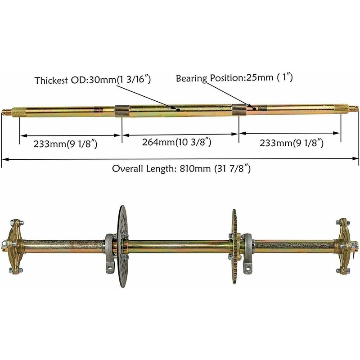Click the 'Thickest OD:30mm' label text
click(92, 81)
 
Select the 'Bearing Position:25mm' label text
click(234, 78)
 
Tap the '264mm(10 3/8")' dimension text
click(177, 143)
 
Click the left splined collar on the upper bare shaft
click(122, 110)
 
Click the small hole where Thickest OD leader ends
click(179, 109)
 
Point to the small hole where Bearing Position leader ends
click(255, 108)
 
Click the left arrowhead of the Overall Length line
click(4, 158)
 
